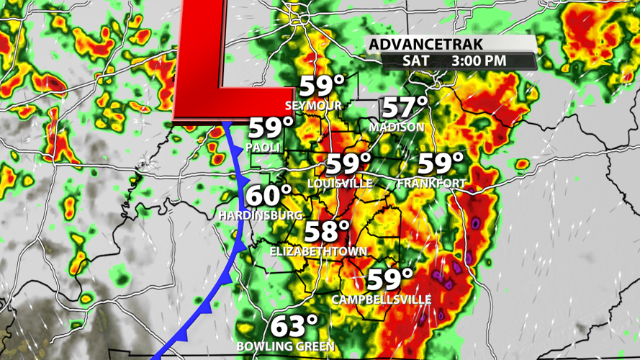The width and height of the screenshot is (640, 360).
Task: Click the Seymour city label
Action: coord(313,106)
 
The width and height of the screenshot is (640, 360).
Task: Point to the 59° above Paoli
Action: coord(271,129)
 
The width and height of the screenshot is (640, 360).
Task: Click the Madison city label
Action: coord(397,127)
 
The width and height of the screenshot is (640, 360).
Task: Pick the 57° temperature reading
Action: coord(405,107)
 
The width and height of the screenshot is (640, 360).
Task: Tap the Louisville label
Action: coord(340,184)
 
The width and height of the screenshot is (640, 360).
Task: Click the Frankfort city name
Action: coord(432,184)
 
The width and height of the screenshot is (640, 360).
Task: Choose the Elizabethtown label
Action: coord(319,251)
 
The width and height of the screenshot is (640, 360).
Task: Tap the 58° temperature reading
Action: coord(327,232)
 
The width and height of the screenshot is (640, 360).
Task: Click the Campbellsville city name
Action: coord(382,299)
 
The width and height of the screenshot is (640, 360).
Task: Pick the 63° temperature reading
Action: coord(294,325)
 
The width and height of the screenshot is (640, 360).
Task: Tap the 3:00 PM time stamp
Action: coord(479,61)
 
